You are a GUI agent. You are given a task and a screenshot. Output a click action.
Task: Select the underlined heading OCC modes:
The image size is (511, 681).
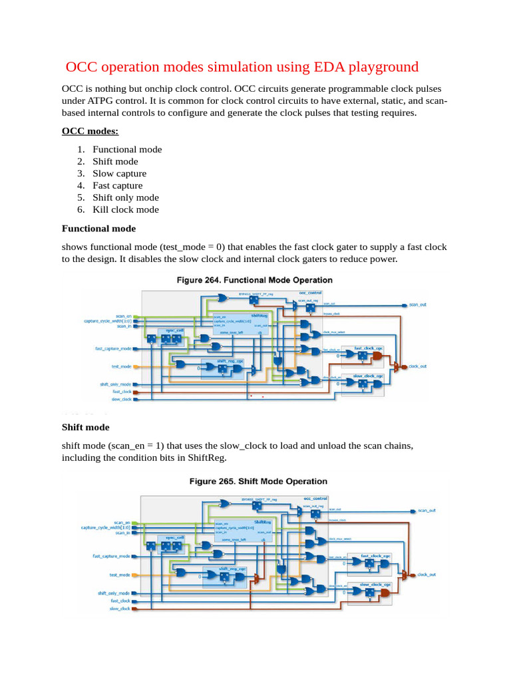[90, 131]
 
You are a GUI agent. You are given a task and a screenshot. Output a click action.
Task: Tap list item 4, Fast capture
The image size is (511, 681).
[117, 186]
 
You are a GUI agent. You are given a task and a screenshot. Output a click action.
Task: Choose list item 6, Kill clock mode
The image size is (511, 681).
[126, 209]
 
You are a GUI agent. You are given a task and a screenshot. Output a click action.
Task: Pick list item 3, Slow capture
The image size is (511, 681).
[119, 174]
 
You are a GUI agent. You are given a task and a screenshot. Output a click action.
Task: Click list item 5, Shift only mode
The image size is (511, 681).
[126, 198]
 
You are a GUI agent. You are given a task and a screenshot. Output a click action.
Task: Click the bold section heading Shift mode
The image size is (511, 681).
[86, 427]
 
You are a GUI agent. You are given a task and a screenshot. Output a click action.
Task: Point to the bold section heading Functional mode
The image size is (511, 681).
[98, 228]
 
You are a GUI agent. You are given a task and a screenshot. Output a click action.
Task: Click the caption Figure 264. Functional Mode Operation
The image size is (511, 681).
[255, 280]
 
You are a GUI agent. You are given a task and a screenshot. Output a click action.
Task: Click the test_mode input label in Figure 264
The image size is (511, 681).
[120, 366]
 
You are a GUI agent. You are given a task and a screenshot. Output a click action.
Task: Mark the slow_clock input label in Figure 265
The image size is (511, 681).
[120, 609]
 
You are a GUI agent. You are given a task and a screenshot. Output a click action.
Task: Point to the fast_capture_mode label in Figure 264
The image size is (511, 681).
[113, 348]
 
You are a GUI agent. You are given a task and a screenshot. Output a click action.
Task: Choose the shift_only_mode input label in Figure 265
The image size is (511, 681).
[114, 593]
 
